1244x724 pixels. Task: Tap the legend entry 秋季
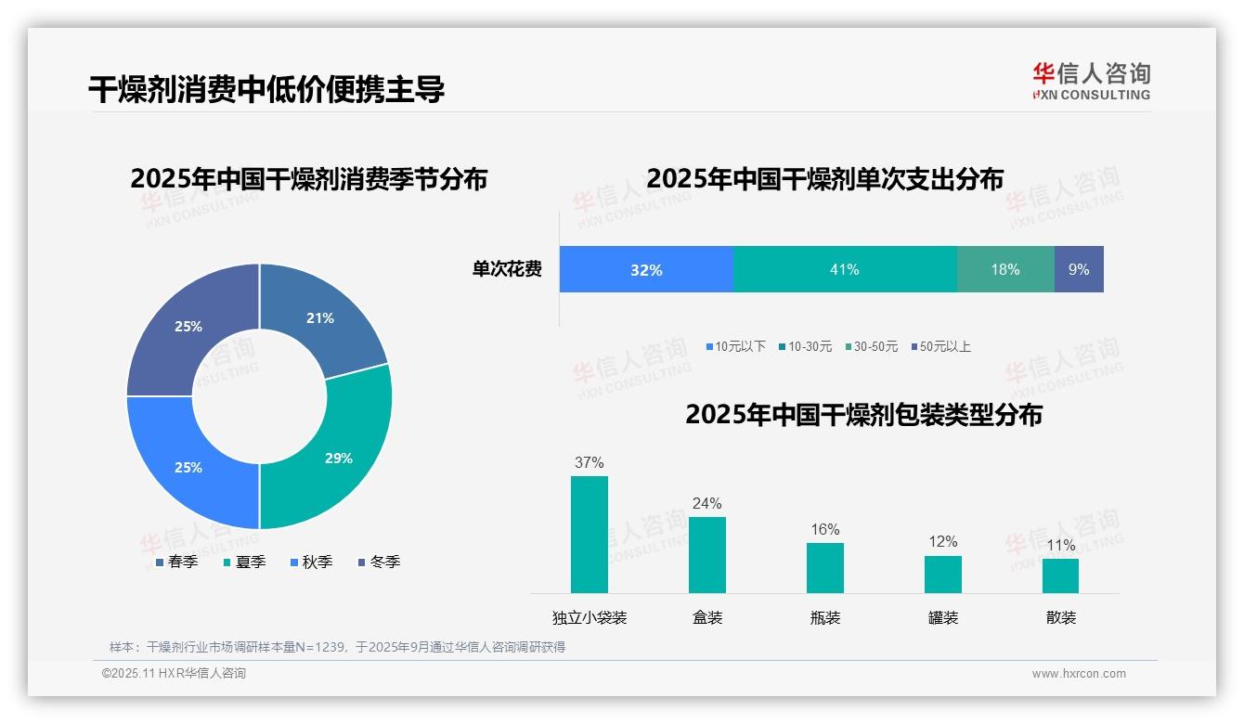(x=310, y=562)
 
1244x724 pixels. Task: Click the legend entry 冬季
(x=378, y=562)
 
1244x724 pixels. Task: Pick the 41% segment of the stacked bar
(x=844, y=269)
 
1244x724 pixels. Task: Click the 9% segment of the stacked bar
(x=1079, y=269)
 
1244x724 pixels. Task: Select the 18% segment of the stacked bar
(x=1005, y=269)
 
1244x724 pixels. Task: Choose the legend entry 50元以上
(x=939, y=346)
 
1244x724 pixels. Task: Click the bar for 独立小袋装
(x=590, y=535)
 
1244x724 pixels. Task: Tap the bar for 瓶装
(x=825, y=567)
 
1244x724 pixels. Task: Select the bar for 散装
(x=1061, y=575)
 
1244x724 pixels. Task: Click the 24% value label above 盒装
(x=706, y=503)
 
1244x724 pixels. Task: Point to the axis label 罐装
(x=943, y=617)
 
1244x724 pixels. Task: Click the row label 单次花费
(x=507, y=269)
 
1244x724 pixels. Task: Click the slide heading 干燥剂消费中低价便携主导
(x=266, y=89)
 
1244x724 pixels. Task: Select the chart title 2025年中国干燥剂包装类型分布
(x=863, y=414)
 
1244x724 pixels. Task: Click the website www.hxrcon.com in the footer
(x=1079, y=673)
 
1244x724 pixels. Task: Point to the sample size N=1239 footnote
(x=337, y=647)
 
